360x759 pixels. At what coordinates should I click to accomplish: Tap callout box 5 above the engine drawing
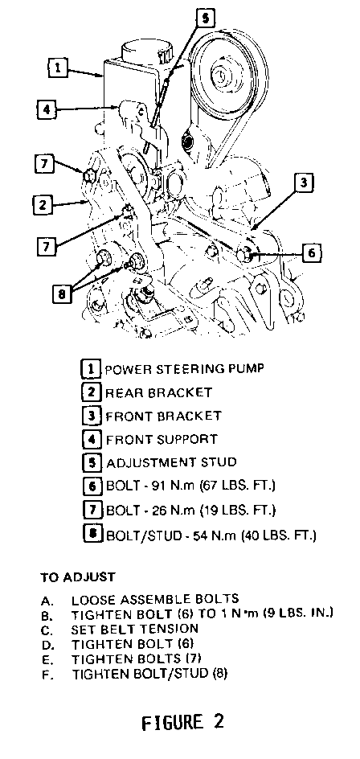pos(204,17)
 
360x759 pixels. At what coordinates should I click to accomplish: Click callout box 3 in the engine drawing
pos(303,184)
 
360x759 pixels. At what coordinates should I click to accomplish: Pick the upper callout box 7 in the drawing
pos(45,163)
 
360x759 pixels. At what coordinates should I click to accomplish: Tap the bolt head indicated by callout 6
pos(245,254)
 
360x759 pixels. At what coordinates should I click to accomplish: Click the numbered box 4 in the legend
pos(91,440)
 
